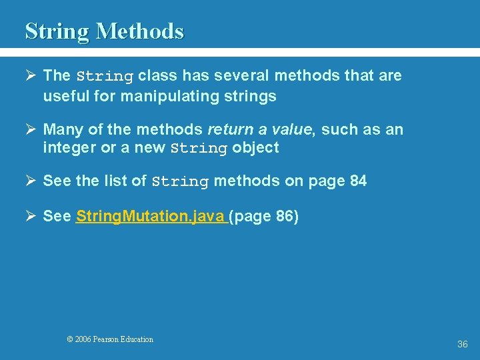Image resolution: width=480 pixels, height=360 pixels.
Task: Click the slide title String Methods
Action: (x=104, y=31)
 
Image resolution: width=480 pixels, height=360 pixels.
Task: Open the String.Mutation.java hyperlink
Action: (x=151, y=217)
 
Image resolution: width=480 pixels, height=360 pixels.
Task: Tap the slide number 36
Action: (x=462, y=344)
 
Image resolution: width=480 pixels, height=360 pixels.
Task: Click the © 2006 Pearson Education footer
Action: (x=110, y=339)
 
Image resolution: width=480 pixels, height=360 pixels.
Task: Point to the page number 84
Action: (x=358, y=181)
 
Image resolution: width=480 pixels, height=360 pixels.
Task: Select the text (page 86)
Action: (x=265, y=217)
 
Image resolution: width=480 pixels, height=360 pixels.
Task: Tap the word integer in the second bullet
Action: (x=69, y=148)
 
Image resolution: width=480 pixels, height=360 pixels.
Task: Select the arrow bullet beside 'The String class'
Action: (x=31, y=75)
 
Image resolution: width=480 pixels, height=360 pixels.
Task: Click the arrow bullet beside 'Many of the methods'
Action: (x=31, y=129)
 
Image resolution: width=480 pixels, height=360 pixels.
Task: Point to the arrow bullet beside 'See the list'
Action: (x=31, y=181)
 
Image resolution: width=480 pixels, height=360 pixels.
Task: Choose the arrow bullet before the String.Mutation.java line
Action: (x=31, y=217)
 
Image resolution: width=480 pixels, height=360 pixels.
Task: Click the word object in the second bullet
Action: (x=255, y=148)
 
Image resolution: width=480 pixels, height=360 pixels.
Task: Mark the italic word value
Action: (x=290, y=129)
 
